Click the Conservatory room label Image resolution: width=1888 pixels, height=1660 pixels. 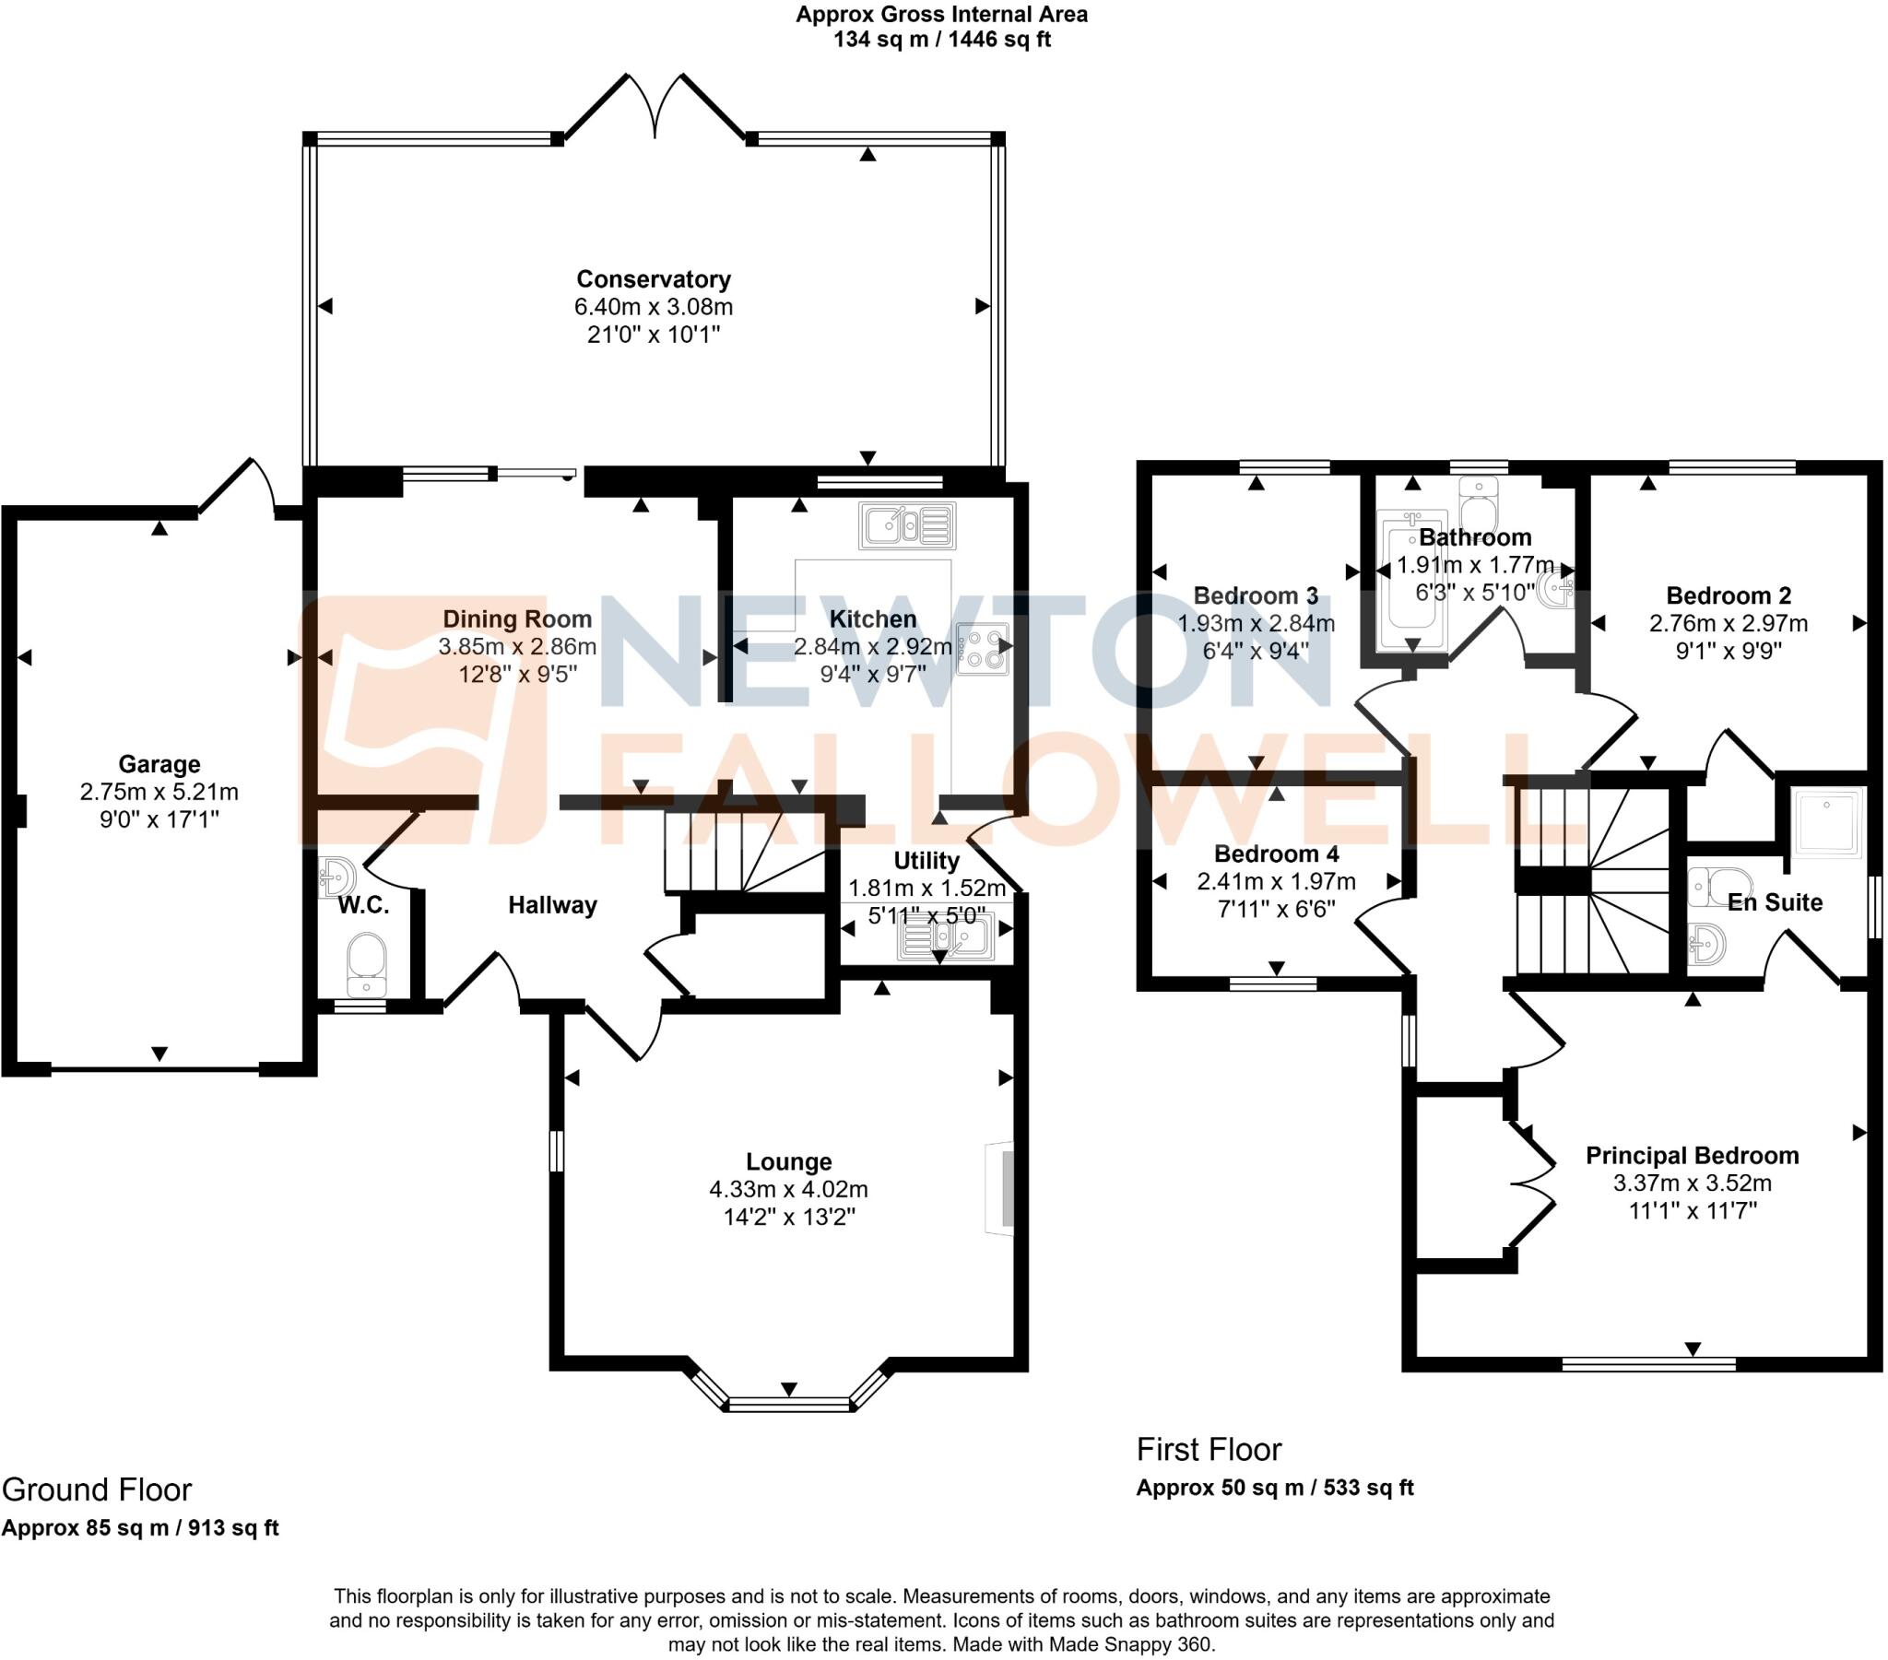[x=653, y=279]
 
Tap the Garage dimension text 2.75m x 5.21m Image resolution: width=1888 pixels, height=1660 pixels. [x=159, y=792]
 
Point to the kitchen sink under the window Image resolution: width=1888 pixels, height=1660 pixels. [x=906, y=526]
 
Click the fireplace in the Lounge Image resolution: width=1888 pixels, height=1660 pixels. [x=1001, y=1188]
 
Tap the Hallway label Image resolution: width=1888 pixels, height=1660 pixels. [x=552, y=905]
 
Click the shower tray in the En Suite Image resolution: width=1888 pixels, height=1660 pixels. [x=1826, y=823]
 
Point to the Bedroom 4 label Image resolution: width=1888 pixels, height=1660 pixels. [x=1276, y=854]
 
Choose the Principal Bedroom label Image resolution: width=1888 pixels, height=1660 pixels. [x=1692, y=1156]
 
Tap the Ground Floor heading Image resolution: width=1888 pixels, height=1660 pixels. [x=97, y=1490]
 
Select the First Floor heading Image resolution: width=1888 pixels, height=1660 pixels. [x=1209, y=1449]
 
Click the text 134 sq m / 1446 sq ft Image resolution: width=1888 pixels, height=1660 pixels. [x=941, y=40]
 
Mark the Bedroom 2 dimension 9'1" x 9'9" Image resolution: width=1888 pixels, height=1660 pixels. [x=1729, y=651]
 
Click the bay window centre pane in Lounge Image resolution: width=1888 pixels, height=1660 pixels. [x=788, y=1405]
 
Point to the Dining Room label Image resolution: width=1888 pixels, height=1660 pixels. [x=516, y=618]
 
